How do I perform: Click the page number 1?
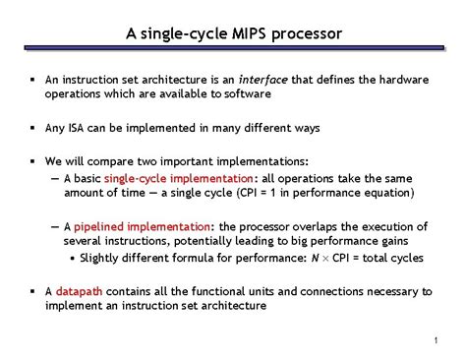click(x=434, y=340)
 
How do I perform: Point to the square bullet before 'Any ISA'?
click(x=32, y=128)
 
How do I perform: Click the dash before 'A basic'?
click(x=54, y=178)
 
